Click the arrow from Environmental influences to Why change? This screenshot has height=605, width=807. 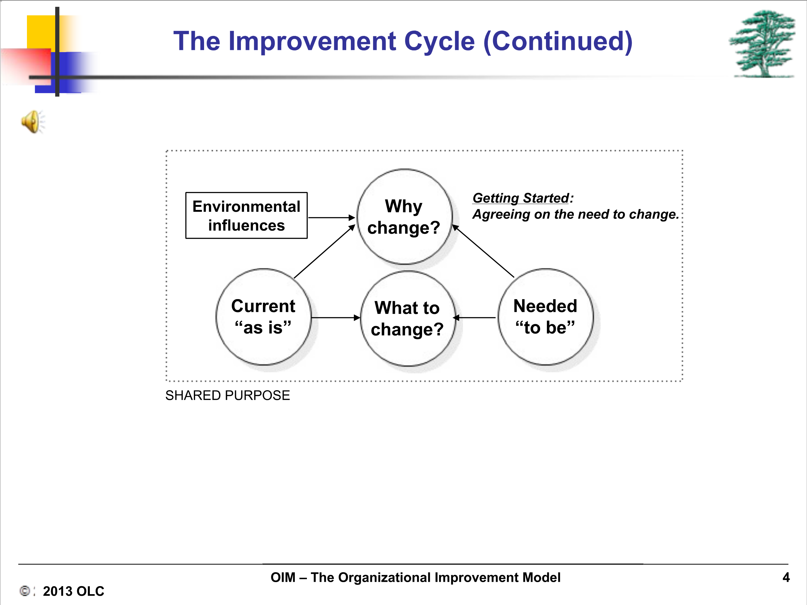click(x=332, y=218)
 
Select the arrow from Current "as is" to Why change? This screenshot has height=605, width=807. click(x=324, y=251)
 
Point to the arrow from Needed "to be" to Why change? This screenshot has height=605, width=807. click(x=483, y=251)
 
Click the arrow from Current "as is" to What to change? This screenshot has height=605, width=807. click(x=336, y=318)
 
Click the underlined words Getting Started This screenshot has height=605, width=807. click(x=521, y=198)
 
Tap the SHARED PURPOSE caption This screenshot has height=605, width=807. click(x=228, y=395)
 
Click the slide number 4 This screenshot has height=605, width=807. click(x=786, y=577)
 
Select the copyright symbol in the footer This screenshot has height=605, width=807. click(x=25, y=591)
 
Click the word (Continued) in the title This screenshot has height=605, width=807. click(x=558, y=41)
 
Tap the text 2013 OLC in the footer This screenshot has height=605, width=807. click(x=74, y=591)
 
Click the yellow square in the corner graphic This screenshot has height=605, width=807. click(x=41, y=32)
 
